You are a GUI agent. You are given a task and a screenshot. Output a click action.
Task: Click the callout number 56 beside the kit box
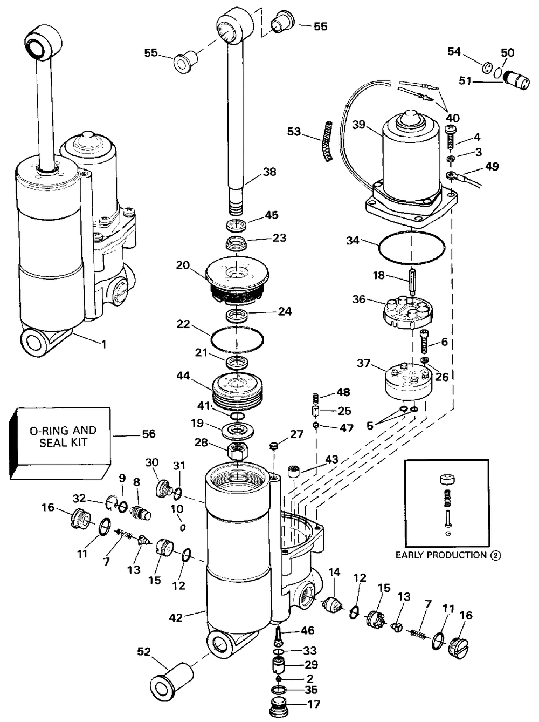point(148,434)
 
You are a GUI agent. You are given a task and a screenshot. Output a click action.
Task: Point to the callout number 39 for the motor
point(359,125)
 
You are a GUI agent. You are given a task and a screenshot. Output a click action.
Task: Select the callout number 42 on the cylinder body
point(176,618)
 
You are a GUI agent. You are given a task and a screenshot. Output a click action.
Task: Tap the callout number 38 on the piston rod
point(269,172)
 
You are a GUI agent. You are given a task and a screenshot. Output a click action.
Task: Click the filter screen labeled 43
point(295,471)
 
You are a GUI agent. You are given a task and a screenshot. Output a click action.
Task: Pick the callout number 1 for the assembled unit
point(104,345)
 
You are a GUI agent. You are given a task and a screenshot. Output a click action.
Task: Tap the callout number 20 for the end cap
point(183,265)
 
